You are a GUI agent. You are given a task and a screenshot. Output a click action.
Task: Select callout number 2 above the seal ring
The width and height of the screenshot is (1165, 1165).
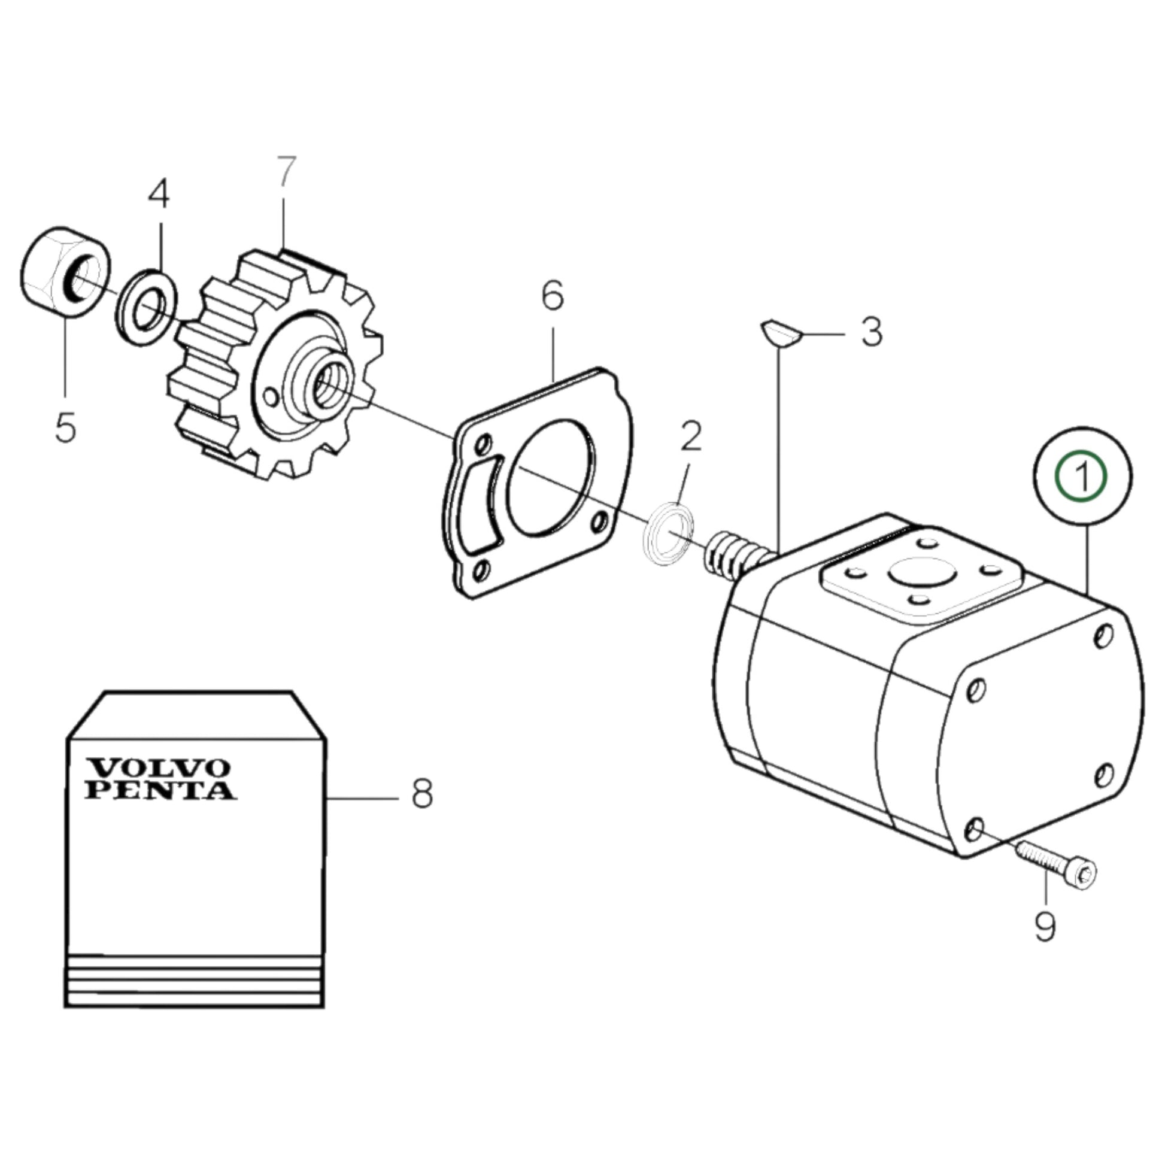(x=691, y=436)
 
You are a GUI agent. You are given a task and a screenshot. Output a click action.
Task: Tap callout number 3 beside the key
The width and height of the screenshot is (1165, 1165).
(x=871, y=332)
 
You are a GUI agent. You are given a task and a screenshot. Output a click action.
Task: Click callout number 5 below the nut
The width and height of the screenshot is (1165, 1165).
(x=65, y=427)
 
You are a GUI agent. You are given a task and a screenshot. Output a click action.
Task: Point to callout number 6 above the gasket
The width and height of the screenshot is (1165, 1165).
(x=553, y=296)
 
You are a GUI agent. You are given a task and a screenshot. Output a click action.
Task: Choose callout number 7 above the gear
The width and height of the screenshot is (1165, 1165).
(x=286, y=172)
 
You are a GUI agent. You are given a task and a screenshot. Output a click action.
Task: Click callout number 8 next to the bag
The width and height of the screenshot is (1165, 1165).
(x=422, y=795)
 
